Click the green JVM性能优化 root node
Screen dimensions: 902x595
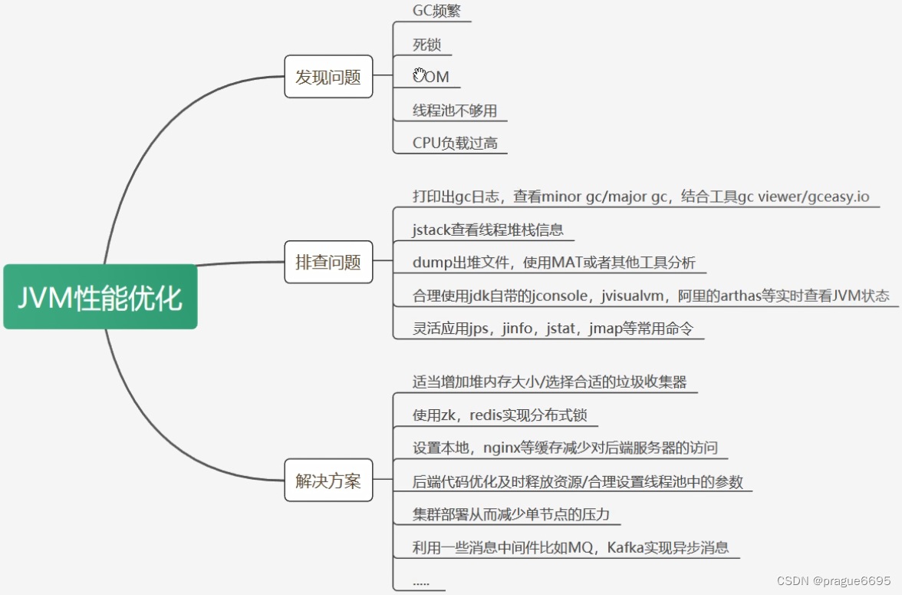click(100, 296)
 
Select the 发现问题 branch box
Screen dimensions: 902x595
click(328, 77)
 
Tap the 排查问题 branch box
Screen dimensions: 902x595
click(328, 262)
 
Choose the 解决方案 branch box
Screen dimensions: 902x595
click(328, 481)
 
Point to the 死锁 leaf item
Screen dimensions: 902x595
click(427, 45)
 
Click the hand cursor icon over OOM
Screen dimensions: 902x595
click(420, 74)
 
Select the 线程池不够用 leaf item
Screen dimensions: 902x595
click(455, 111)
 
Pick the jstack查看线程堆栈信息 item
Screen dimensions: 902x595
click(488, 229)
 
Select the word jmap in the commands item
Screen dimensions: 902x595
click(610, 329)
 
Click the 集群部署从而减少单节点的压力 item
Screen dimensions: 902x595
click(511, 514)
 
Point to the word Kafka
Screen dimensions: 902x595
click(627, 547)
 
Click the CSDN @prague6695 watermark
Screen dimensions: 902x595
click(834, 581)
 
